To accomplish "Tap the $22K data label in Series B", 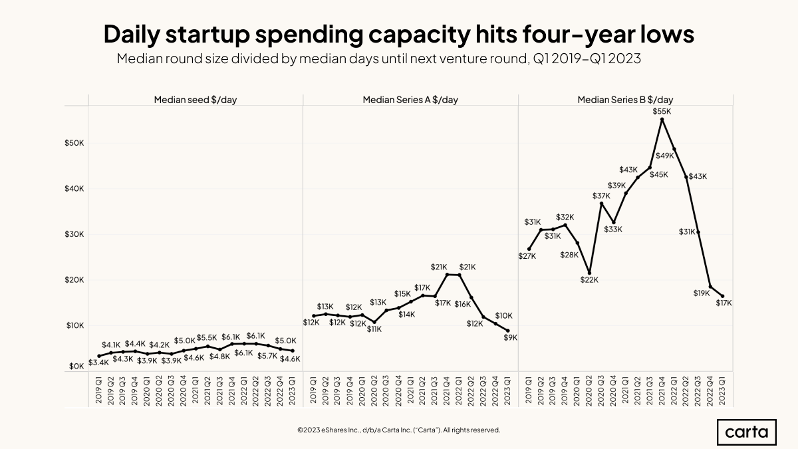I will coord(590,279).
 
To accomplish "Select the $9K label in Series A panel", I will coord(510,337).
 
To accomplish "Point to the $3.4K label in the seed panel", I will coord(98,362).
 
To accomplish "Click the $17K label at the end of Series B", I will coord(724,303).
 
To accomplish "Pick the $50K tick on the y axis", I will coord(74,143).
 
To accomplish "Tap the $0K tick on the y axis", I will coord(76,366).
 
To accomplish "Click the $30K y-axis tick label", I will coord(74,234).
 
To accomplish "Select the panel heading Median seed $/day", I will coord(196,100).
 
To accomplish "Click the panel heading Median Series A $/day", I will coord(410,100).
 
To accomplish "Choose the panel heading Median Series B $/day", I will coord(625,100).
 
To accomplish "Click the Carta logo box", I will coord(747,432).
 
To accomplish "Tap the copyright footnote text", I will coord(399,430).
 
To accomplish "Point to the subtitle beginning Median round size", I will coord(378,59).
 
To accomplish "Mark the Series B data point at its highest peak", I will coord(662,119).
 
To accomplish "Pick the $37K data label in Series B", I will coord(601,196).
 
